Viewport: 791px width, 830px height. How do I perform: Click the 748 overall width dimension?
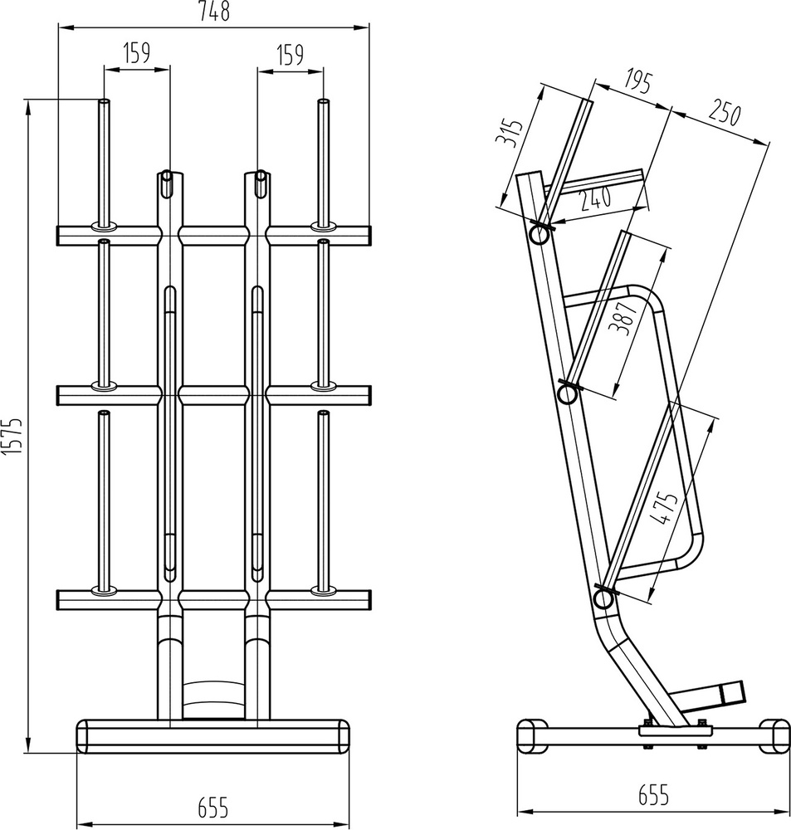click(212, 12)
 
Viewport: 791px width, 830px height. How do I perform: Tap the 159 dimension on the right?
click(290, 55)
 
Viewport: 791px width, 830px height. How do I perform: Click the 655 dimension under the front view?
click(213, 806)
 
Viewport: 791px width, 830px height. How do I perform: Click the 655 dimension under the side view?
click(653, 795)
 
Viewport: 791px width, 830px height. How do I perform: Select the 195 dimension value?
click(637, 82)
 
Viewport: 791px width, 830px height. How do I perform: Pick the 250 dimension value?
click(724, 114)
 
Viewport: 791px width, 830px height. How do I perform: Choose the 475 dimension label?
click(664, 508)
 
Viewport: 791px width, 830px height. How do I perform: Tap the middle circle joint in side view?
click(569, 393)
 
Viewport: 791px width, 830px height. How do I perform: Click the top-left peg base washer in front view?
click(105, 225)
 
